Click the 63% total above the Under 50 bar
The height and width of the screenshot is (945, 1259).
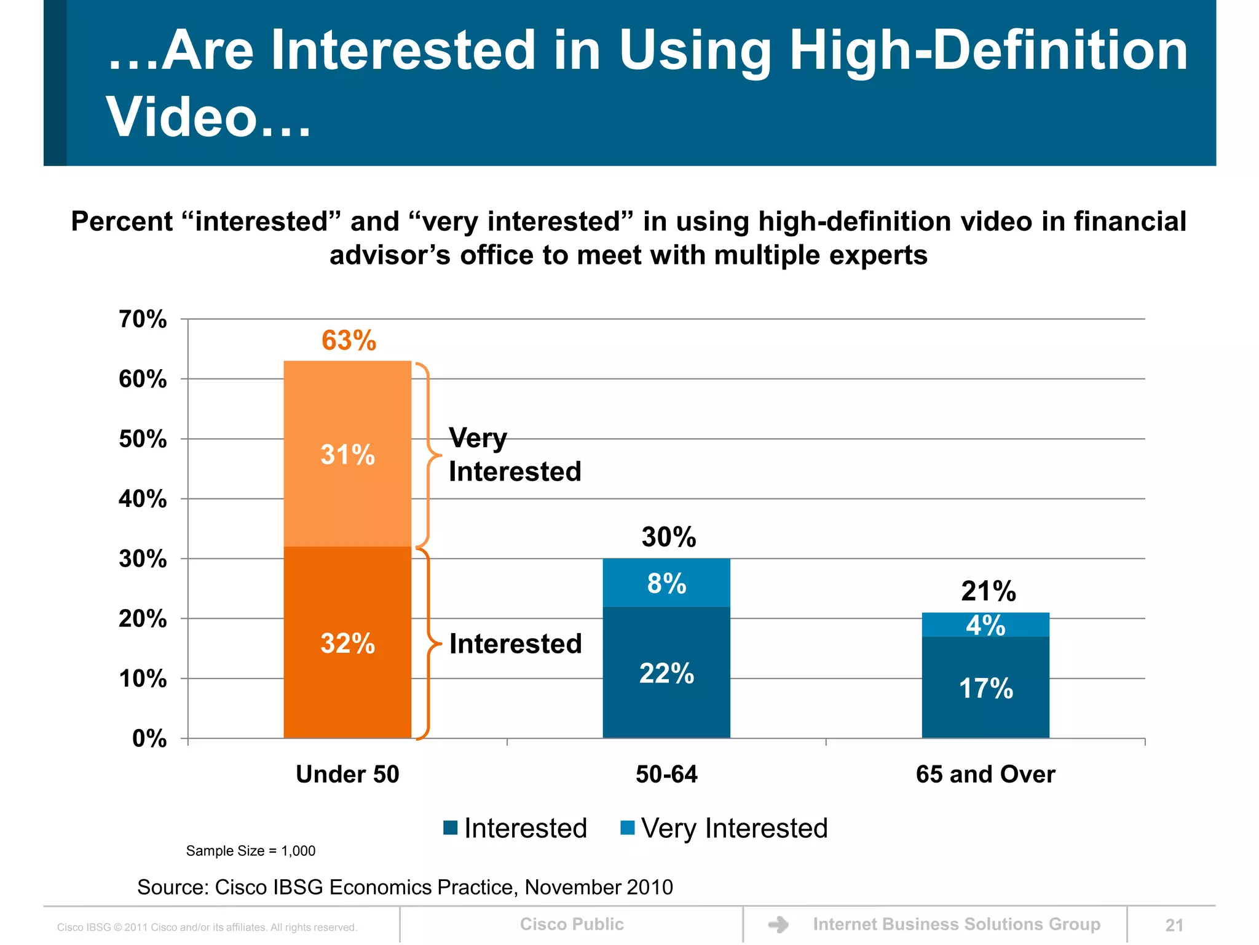pyautogui.click(x=349, y=340)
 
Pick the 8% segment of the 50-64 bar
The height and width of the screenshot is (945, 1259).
pyautogui.click(x=666, y=583)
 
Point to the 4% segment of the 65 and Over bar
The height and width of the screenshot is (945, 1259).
pyautogui.click(x=985, y=625)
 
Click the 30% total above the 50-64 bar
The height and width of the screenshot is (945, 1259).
pyautogui.click(x=669, y=536)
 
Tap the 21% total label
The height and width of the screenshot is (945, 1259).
pyautogui.click(x=989, y=591)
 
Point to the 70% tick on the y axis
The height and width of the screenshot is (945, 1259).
pyautogui.click(x=143, y=319)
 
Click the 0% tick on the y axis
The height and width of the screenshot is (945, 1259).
pyautogui.click(x=149, y=738)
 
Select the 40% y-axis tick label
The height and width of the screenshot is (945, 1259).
pyautogui.click(x=143, y=499)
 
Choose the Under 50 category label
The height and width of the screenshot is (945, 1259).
pyautogui.click(x=347, y=774)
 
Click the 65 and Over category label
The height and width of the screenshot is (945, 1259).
pyautogui.click(x=985, y=774)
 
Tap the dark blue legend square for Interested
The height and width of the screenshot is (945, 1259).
pyautogui.click(x=451, y=828)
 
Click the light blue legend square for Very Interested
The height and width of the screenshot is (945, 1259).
pyautogui.click(x=628, y=828)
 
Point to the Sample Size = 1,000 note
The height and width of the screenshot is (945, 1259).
pyautogui.click(x=250, y=851)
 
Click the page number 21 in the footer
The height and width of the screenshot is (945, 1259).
pyautogui.click(x=1174, y=925)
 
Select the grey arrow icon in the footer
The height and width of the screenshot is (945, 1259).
pyautogui.click(x=778, y=925)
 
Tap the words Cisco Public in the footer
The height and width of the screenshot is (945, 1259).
pyautogui.click(x=572, y=924)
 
